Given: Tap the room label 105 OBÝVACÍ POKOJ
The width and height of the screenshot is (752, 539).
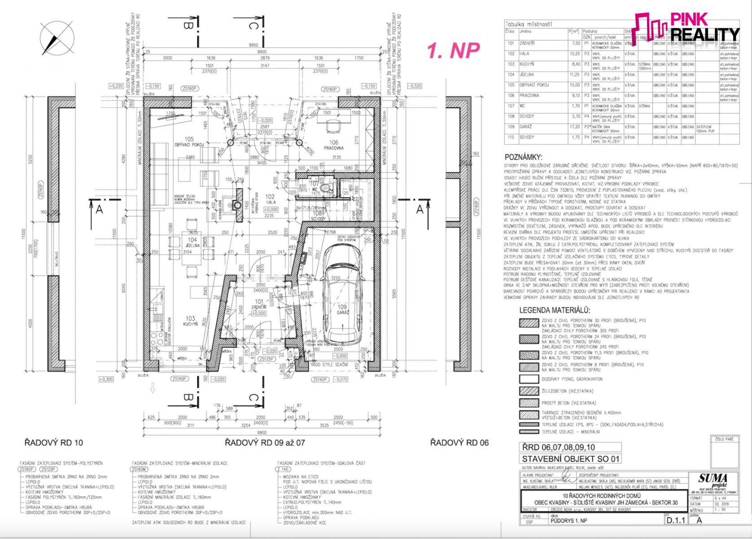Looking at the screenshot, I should pos(189,142).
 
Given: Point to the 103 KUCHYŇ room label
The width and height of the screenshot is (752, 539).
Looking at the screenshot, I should pos(190,321).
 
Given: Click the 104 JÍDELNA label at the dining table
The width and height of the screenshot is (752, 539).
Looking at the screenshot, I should pos(192,243).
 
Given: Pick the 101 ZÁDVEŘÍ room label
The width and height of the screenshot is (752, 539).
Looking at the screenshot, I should pos(259,305).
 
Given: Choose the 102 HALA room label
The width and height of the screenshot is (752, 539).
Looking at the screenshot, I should pos(270,199).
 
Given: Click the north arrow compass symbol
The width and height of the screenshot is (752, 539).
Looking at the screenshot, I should pos(57,38).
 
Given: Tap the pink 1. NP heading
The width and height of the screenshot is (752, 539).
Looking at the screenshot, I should pos(453,50).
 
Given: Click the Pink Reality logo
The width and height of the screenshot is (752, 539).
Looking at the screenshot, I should pos(687,27).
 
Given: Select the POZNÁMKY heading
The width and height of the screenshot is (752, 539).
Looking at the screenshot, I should pos(523,158).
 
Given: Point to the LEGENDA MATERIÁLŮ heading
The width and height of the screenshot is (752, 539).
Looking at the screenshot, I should pos(555,310).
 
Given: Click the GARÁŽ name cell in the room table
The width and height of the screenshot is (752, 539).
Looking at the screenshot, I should pos(526,127).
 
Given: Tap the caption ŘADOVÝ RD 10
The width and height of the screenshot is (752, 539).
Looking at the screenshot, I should pos(53,443).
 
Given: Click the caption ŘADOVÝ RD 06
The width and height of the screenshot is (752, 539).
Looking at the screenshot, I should pos(459,443).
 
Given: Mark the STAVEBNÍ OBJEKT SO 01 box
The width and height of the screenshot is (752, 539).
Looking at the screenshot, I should pos(570,459).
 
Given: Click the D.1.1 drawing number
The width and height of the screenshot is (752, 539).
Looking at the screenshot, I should pos(676,520).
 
